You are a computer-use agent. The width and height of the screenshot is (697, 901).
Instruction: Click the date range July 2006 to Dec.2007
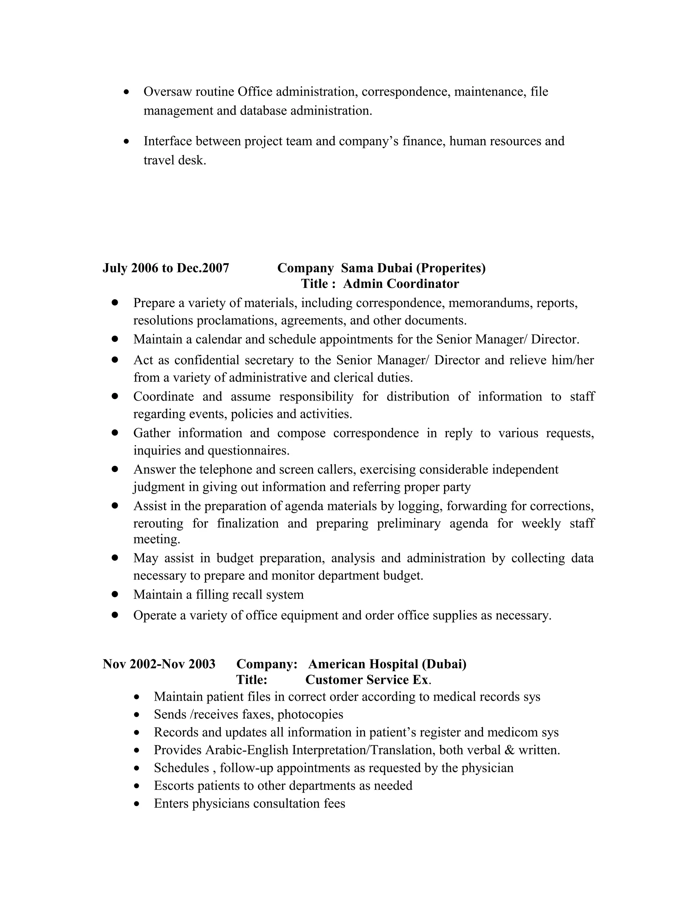[166, 268]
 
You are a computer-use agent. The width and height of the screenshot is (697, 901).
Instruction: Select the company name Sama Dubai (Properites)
[413, 268]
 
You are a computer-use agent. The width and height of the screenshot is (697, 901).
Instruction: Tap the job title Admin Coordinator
[401, 284]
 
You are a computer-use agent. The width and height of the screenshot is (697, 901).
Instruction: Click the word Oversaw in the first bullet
[167, 91]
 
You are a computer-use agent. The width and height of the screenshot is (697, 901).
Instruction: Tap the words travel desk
[174, 160]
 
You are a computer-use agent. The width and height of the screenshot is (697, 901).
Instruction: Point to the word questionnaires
[248, 451]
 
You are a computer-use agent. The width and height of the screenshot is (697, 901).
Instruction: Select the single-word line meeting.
[157, 539]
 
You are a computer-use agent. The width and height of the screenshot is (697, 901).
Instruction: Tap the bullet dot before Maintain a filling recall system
[115, 594]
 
